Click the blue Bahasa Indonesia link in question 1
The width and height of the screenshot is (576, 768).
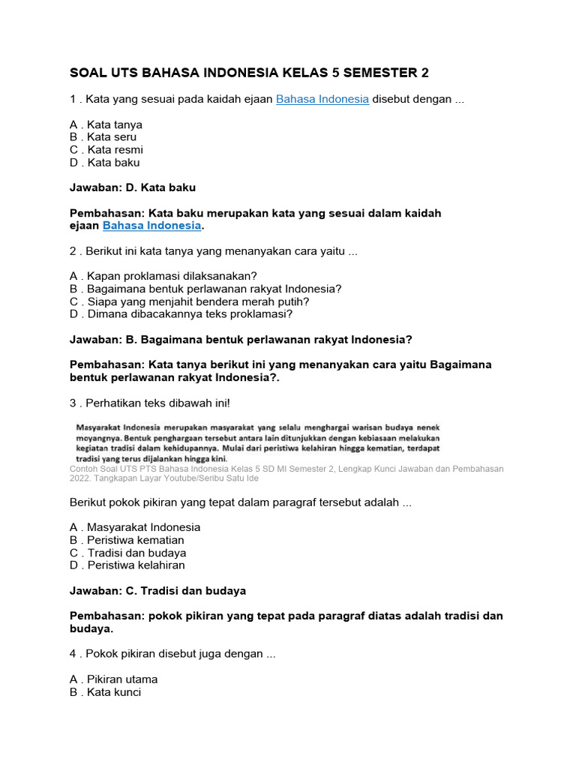322,99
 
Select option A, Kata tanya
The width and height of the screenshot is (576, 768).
106,124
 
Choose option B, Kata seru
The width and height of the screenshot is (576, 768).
103,137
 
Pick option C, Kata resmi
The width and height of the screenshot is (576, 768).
106,150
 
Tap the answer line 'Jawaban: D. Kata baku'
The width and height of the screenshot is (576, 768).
132,187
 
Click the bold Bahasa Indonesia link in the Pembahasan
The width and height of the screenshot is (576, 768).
152,226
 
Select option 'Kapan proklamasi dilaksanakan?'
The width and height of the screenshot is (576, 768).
163,276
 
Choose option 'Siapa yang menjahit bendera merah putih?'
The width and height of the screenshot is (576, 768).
178,301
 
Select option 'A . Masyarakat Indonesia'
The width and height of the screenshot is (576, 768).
135,527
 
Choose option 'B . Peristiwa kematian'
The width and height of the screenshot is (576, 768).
127,540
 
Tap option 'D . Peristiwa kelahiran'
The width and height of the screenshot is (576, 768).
127,565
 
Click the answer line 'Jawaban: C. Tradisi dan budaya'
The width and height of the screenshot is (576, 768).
157,591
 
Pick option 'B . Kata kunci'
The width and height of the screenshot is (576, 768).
105,692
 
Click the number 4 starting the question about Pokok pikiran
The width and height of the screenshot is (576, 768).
73,654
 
